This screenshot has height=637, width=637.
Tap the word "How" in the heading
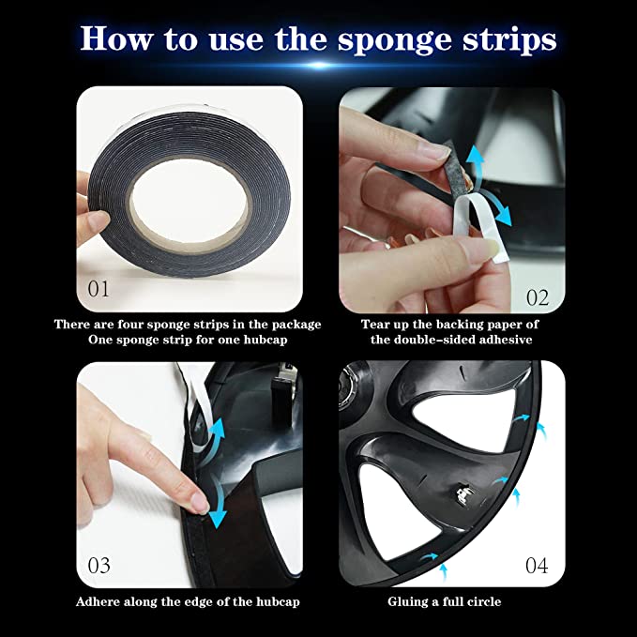[x=116, y=38]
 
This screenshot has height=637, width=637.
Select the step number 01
[x=99, y=289]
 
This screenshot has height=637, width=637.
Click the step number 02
[x=538, y=297]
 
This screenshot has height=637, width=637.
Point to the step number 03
[x=99, y=565]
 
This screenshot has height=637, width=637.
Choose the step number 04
[x=537, y=565]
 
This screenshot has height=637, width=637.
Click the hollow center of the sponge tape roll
[x=190, y=201]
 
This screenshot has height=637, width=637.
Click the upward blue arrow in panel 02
[x=474, y=167]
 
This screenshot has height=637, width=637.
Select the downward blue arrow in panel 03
[x=218, y=508]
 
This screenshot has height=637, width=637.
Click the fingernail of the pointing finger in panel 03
[x=200, y=503]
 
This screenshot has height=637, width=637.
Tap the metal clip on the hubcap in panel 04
[x=465, y=493]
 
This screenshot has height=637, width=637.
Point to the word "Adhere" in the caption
[x=98, y=601]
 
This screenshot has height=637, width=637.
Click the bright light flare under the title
[x=319, y=65]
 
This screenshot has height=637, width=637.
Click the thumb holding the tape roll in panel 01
[x=93, y=224]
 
